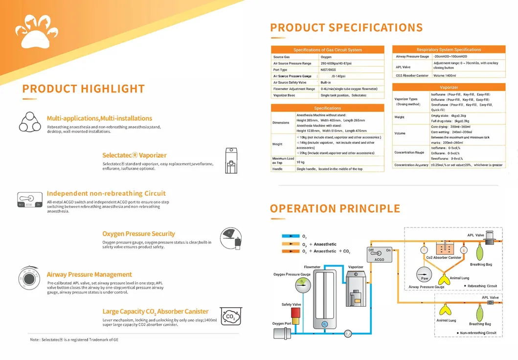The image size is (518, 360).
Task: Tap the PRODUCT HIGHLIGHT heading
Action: (x=83, y=89)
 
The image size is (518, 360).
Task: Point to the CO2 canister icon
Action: (x=229, y=316)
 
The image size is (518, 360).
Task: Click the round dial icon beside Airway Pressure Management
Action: (x=29, y=278)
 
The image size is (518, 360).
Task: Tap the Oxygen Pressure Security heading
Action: (x=138, y=234)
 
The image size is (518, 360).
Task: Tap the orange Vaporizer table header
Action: (x=449, y=87)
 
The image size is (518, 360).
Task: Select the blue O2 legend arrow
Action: (x=291, y=236)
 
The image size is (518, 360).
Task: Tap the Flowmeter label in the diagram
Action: (x=312, y=267)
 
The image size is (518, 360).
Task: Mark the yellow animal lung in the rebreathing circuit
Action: (x=445, y=279)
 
